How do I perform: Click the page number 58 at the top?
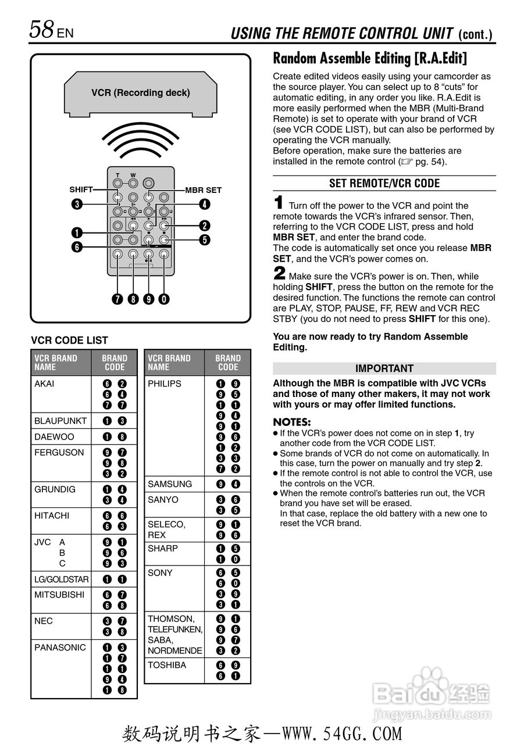pyautogui.click(x=42, y=30)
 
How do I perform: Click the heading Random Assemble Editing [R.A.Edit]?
pyautogui.click(x=370, y=58)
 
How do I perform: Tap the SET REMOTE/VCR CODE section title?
pyautogui.click(x=384, y=183)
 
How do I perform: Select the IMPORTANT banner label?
pyautogui.click(x=384, y=369)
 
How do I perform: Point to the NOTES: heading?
pyautogui.click(x=292, y=422)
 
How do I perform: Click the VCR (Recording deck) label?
pyautogui.click(x=141, y=92)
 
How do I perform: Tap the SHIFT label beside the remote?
pyautogui.click(x=81, y=189)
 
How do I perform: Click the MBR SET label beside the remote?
pyautogui.click(x=203, y=190)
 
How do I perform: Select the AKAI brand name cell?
pyautogui.click(x=44, y=384)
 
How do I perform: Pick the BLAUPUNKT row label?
pyautogui.click(x=60, y=421)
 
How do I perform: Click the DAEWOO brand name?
pyautogui.click(x=54, y=437)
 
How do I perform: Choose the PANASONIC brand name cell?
pyautogui.click(x=60, y=648)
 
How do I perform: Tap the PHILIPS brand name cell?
pyautogui.click(x=165, y=384)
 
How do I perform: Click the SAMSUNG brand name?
pyautogui.click(x=170, y=484)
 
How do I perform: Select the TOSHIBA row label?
pyautogui.click(x=167, y=665)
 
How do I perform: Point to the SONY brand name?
pyautogui.click(x=160, y=573)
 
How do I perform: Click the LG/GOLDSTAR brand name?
pyautogui.click(x=61, y=580)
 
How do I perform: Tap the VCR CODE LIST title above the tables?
pyautogui.click(x=69, y=341)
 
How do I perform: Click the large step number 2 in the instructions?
pyautogui.click(x=279, y=273)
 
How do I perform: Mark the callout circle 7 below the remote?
pyautogui.click(x=118, y=299)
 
